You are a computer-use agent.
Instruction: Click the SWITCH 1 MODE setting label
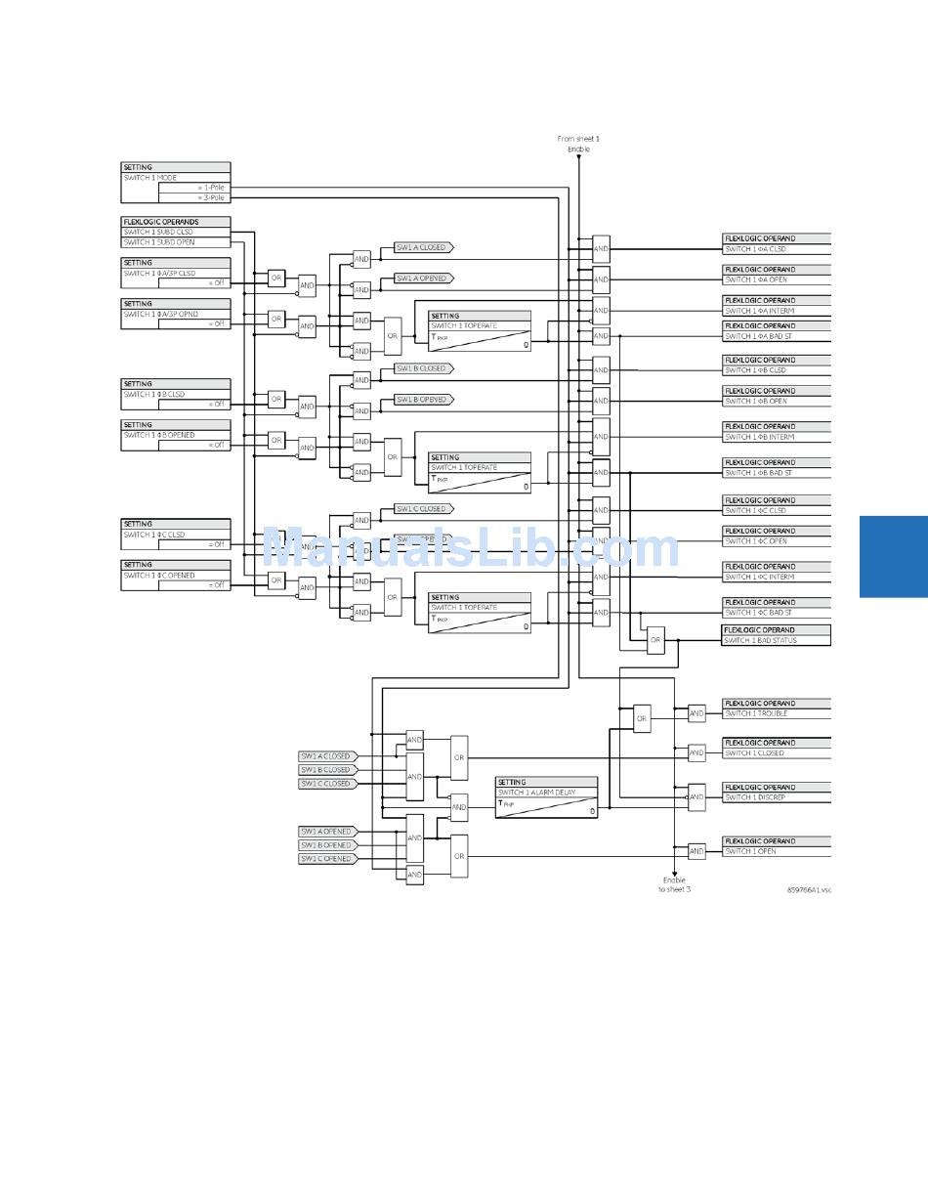pos(150,178)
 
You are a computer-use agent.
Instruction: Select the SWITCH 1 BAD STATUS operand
pos(761,641)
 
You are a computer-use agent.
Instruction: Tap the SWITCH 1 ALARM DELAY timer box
pos(546,797)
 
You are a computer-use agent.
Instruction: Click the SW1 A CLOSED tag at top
pos(422,247)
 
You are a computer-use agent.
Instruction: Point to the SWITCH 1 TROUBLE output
pos(756,713)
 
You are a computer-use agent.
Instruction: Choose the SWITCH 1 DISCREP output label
pos(755,797)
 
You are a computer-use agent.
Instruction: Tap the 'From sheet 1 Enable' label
pos(578,144)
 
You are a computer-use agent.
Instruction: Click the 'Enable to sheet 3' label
pos(674,884)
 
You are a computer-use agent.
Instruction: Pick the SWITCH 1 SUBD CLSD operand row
pos(159,232)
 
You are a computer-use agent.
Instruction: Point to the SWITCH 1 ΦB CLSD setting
pos(154,395)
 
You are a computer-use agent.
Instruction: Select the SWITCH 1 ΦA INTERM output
pos(760,311)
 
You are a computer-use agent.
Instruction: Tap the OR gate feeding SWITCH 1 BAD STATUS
pos(655,640)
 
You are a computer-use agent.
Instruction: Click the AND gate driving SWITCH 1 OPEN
pos(696,851)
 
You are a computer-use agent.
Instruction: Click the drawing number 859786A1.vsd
pos(809,890)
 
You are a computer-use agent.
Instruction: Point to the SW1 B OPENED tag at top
pos(422,400)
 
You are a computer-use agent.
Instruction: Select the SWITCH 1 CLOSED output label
pos(754,753)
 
